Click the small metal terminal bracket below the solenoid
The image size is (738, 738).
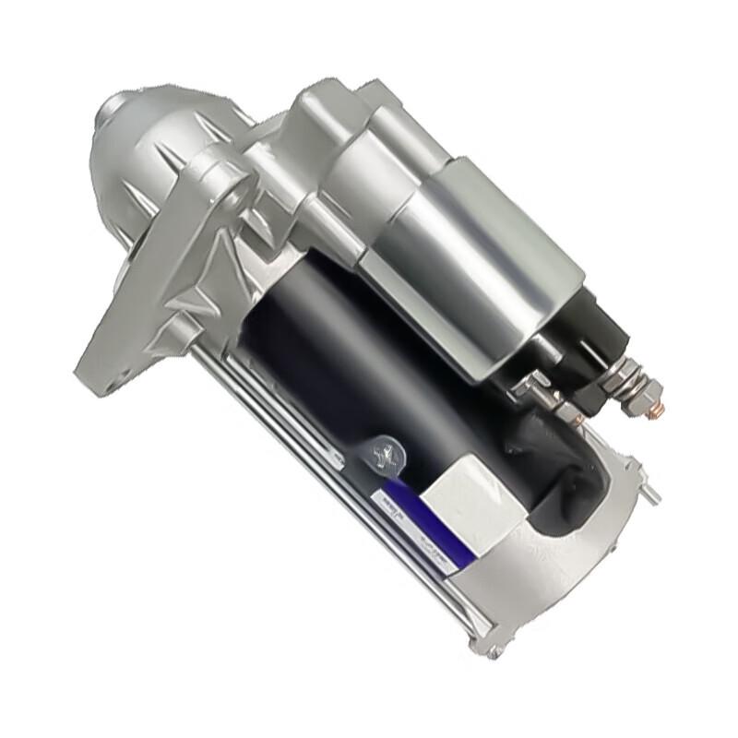pyautogui.click(x=535, y=387)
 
